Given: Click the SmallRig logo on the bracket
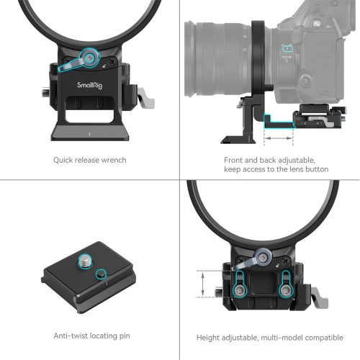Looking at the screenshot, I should [x=89, y=84].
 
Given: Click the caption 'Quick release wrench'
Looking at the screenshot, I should [x=89, y=160].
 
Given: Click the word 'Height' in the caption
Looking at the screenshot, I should [x=210, y=336].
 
